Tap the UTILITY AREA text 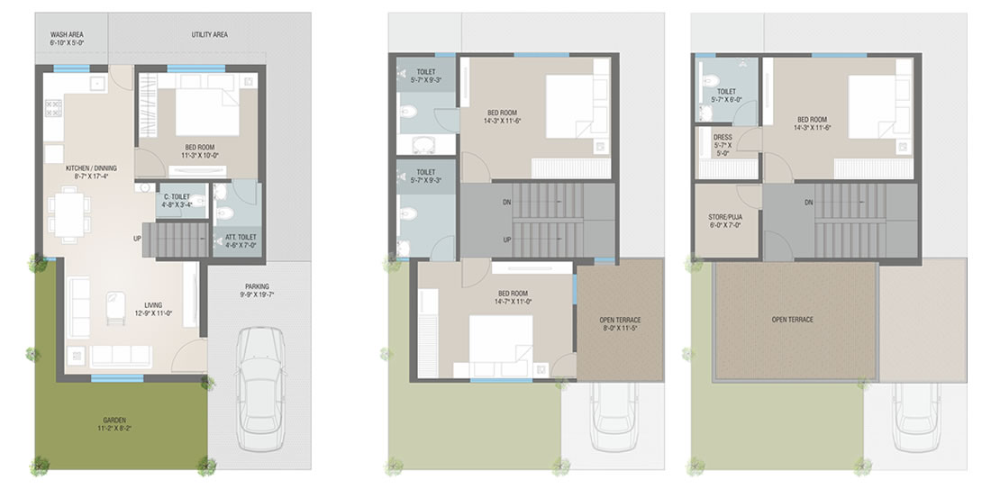click(209, 35)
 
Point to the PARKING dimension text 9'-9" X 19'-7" click(257, 295)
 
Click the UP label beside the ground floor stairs click(137, 239)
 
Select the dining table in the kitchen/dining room click(68, 214)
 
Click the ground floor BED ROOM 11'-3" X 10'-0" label click(200, 151)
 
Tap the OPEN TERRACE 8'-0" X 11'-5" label click(620, 324)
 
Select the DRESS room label click(723, 145)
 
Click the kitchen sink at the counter click(97, 83)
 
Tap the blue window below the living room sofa click(117, 378)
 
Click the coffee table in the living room click(115, 307)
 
